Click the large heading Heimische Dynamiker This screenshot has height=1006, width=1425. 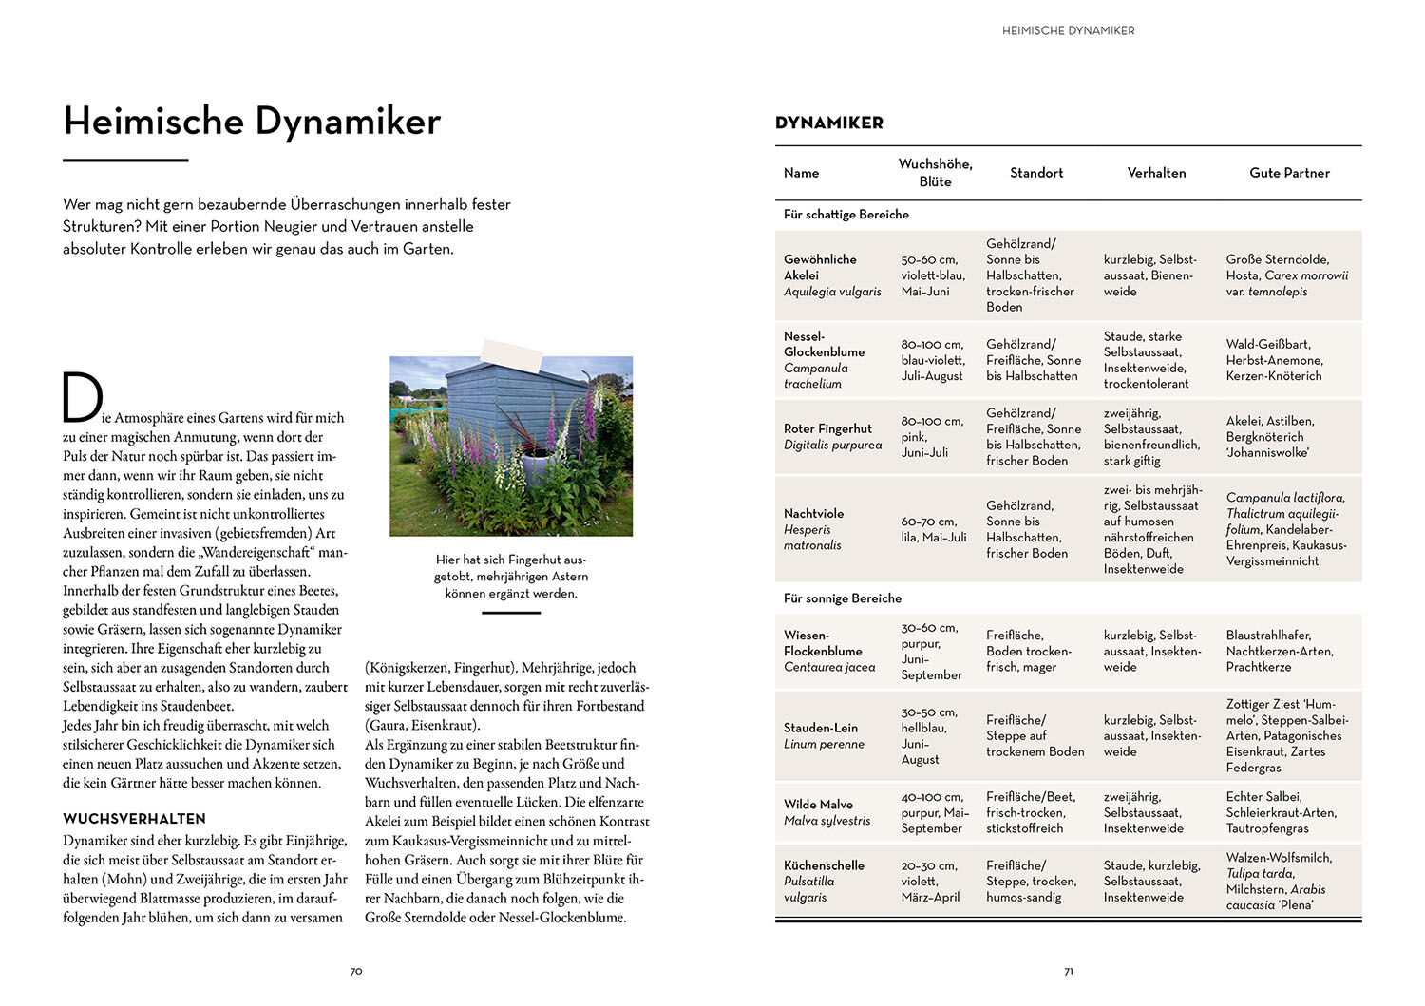tap(252, 122)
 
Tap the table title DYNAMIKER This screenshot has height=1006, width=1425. tap(829, 123)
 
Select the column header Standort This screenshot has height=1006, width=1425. tap(1036, 173)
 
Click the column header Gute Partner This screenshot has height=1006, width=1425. tap(1289, 173)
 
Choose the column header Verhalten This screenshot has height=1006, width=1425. tap(1156, 173)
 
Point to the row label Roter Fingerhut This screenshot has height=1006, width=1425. tap(827, 428)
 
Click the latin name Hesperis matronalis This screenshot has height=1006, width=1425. tap(812, 538)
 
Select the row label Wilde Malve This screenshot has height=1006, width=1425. tap(818, 804)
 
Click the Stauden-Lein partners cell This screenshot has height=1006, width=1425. tap(1286, 735)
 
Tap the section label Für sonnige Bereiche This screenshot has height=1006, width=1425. tap(843, 598)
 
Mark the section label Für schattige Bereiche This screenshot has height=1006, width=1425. tap(846, 215)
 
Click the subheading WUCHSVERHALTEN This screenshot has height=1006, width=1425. tap(134, 819)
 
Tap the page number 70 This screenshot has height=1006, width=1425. tap(356, 971)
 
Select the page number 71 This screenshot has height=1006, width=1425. tap(1069, 971)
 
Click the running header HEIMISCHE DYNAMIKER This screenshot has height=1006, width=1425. tap(1069, 31)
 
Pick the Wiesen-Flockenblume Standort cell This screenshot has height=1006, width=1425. tap(1029, 651)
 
